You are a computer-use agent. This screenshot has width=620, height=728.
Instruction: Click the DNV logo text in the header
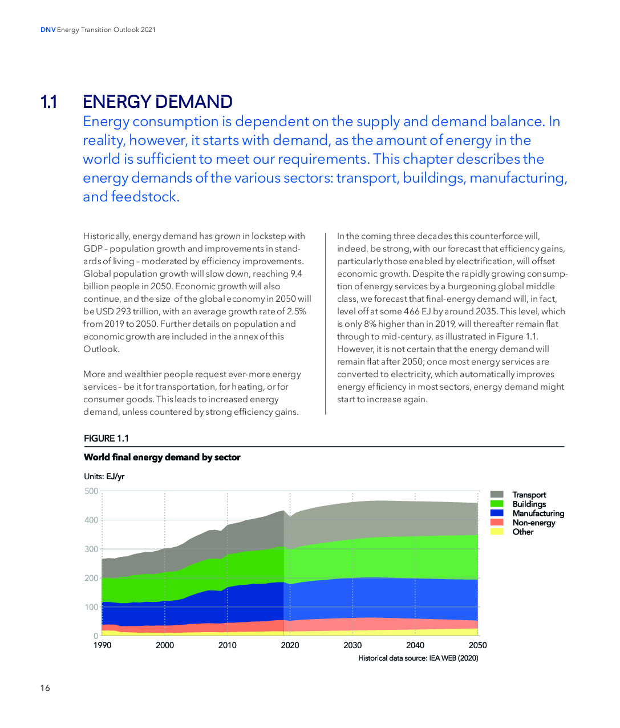point(48,30)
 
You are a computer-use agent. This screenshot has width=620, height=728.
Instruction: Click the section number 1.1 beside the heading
point(48,102)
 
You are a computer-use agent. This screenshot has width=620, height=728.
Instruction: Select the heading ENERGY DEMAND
point(157,102)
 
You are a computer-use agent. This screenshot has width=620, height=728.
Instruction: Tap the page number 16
point(45,688)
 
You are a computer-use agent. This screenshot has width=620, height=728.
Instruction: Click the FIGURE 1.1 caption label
point(106,438)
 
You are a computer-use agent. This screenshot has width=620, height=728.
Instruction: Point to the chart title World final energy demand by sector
point(162,457)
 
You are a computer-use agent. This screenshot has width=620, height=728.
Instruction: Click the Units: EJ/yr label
point(104,476)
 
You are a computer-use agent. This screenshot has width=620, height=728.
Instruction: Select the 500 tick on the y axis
point(91,491)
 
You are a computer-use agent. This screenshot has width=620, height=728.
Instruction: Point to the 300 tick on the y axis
point(91,549)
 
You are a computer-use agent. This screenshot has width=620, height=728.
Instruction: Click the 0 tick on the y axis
point(95,636)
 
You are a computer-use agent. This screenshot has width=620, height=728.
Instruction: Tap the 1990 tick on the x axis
point(102,645)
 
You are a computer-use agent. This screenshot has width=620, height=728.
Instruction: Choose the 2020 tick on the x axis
point(290,645)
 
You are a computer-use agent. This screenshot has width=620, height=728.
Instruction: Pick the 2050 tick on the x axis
point(478,645)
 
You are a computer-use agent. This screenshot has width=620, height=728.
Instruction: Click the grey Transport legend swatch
point(497,495)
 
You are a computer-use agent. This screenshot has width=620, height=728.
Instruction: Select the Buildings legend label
point(529,504)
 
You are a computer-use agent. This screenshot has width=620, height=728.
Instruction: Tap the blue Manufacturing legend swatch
point(497,513)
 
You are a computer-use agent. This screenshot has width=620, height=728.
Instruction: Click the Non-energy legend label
point(534,523)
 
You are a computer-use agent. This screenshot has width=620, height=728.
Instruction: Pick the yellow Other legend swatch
point(497,532)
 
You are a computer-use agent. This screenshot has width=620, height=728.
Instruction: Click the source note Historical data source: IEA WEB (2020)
point(418,658)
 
